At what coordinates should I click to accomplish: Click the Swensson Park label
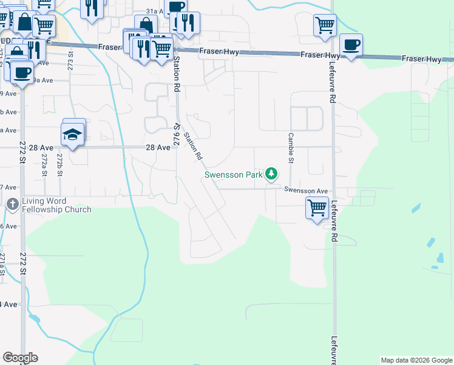233,175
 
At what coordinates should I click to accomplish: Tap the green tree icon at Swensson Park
271,175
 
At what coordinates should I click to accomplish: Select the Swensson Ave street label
306,190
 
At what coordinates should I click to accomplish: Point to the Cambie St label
291,148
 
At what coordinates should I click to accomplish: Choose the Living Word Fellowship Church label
56,206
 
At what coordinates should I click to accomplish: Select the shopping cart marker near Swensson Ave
317,208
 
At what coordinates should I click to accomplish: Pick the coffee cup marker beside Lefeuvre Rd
351,45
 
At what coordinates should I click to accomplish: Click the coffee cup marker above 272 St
22,72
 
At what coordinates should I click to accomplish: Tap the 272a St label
44,165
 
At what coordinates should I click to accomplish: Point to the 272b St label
59,165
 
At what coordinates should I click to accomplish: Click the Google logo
20,358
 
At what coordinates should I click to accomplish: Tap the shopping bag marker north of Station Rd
146,26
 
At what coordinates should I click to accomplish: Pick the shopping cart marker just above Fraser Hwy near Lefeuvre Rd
325,26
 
